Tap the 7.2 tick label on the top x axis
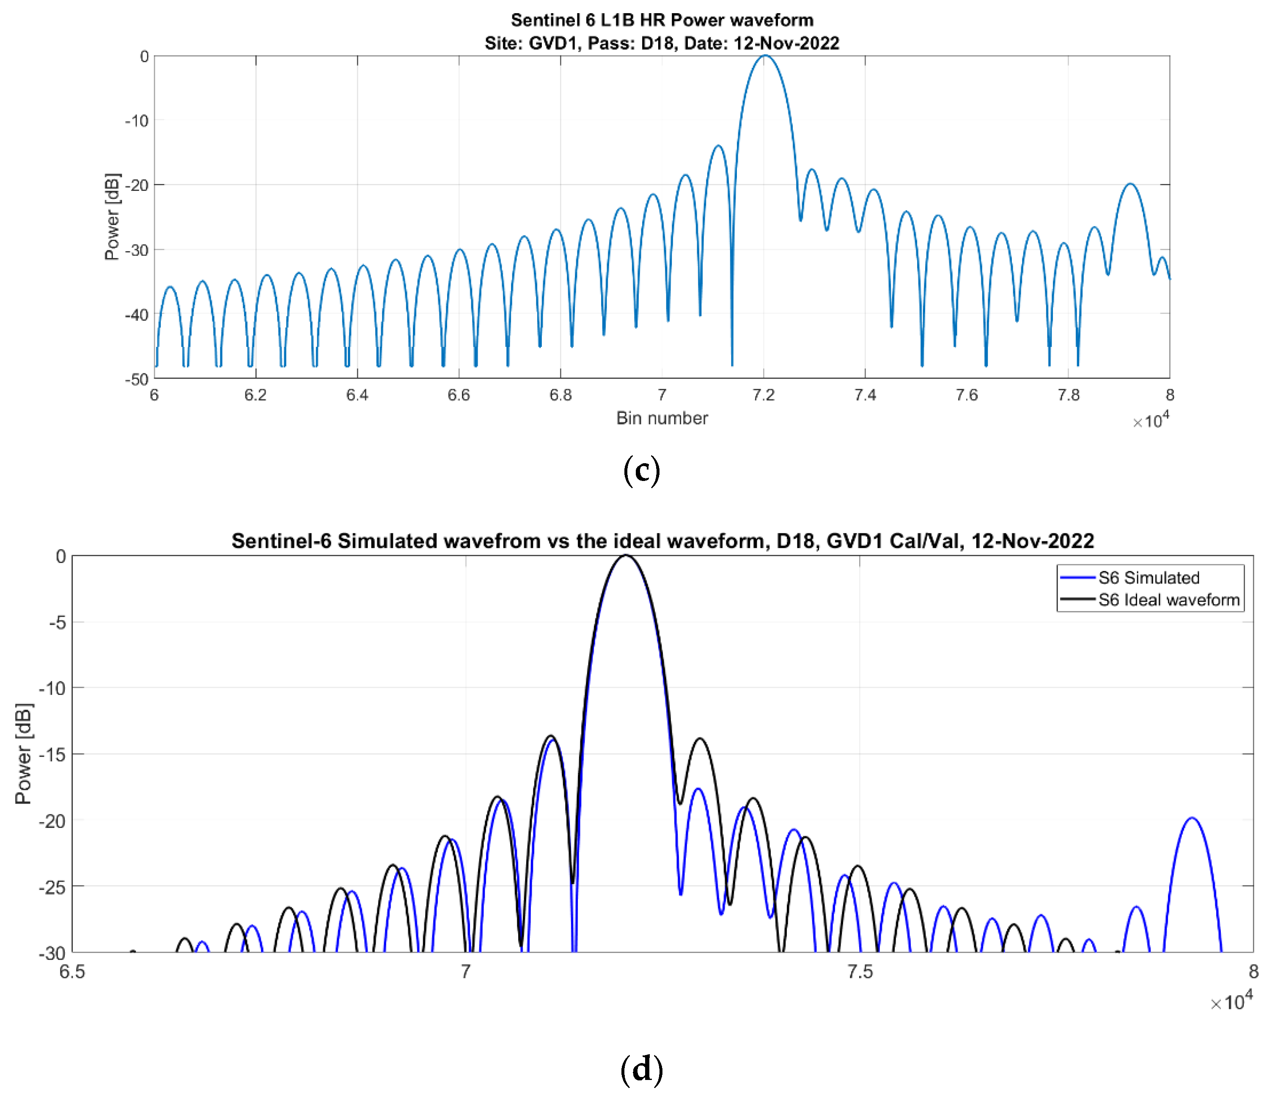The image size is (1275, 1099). [764, 395]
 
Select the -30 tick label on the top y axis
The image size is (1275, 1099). [137, 250]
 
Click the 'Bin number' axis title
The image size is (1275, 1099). [662, 418]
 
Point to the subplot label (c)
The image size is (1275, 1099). [641, 471]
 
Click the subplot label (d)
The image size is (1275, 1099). [641, 1069]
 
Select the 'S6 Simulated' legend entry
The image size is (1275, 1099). [1148, 578]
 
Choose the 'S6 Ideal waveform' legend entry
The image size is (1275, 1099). [1168, 600]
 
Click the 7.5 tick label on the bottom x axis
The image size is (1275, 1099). [860, 972]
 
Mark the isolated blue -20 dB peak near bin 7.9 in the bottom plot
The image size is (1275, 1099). [1192, 819]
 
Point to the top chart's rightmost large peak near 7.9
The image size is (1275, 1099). [1130, 184]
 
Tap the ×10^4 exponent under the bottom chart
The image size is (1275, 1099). [1231, 1002]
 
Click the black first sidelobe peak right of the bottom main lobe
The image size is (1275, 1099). [700, 739]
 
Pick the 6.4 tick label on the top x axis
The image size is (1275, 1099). [357, 395]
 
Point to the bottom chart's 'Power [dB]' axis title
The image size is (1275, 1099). [23, 754]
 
